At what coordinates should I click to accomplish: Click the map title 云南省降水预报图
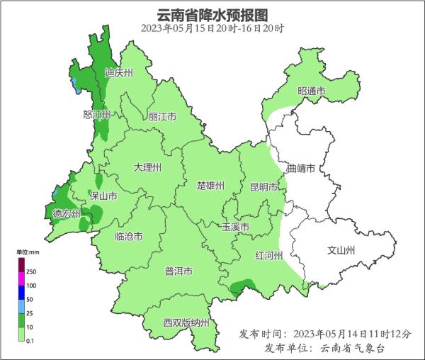(212, 13)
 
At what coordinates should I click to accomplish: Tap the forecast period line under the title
(212, 29)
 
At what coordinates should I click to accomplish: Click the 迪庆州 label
(118, 72)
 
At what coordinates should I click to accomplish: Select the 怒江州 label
(97, 114)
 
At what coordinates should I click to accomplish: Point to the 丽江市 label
(162, 116)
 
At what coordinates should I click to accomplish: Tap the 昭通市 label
(311, 91)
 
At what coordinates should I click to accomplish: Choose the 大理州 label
(147, 168)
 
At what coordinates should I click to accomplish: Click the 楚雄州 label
(210, 186)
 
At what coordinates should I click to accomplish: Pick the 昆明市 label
(263, 188)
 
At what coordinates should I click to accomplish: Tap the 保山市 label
(103, 196)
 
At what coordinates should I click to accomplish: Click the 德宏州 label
(67, 213)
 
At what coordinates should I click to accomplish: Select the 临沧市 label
(128, 237)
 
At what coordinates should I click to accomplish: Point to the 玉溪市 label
(235, 227)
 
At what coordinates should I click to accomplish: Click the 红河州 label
(268, 255)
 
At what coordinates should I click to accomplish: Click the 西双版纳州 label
(186, 323)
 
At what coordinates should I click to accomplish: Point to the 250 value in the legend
(31, 272)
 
